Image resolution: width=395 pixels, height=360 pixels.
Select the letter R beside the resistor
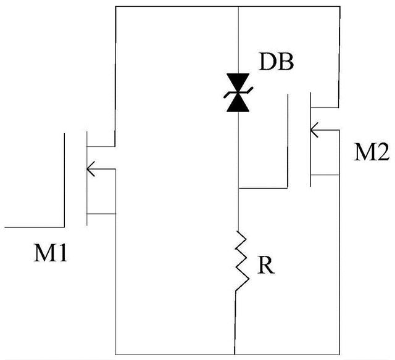(265, 266)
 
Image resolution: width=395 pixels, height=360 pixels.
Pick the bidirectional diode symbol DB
(239, 93)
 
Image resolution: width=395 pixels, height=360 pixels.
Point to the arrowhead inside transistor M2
(315, 130)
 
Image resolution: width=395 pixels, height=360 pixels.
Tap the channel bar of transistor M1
(86, 179)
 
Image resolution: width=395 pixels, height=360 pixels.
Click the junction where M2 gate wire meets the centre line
(239, 187)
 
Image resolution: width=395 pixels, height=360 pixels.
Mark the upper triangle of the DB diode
(239, 83)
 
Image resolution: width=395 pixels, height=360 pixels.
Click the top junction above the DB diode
(239, 6)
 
